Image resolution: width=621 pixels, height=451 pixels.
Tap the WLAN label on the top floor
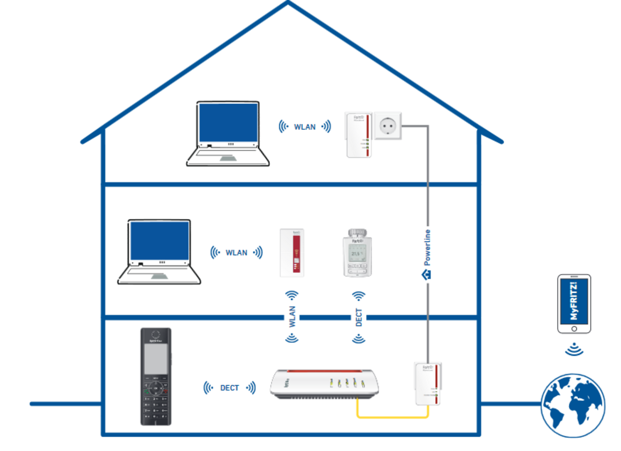pos(305,127)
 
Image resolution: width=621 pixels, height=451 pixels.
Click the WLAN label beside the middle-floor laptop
pos(236,253)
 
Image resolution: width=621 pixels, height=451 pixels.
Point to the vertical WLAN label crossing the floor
pos(292,317)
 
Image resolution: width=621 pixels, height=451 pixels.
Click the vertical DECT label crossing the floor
pos(359,317)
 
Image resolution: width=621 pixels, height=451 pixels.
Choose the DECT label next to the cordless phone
pos(229,388)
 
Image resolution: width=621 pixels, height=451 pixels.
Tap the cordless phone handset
pos(156,376)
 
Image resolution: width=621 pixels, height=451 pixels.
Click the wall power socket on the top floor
pos(388,125)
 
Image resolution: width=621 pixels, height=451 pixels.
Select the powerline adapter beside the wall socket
pos(359,134)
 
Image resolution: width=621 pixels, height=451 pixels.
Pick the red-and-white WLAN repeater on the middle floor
pos(292,253)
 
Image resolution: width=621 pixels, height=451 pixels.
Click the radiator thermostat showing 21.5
pos(357,253)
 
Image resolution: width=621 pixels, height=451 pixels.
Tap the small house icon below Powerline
pos(427,275)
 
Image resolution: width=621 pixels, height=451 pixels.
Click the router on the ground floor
pos(325,383)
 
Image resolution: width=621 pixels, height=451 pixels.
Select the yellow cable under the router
pos(392,417)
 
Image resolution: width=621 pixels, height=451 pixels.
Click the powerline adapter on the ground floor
pos(428,383)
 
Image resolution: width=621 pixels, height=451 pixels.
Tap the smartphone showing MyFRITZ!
pos(574,304)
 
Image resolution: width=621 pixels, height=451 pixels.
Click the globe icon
pos(573,406)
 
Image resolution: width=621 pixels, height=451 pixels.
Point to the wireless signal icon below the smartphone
pos(574,349)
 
